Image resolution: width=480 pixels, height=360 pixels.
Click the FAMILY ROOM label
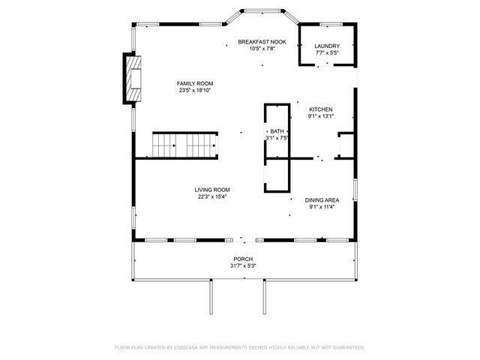tap(195, 83)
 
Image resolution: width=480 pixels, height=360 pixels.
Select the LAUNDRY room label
tap(326, 46)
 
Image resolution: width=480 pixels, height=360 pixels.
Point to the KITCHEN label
tap(320, 109)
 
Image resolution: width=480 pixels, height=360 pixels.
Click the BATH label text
tap(277, 131)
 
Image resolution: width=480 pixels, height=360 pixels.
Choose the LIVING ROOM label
tap(212, 190)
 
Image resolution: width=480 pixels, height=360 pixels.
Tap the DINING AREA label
tap(322, 200)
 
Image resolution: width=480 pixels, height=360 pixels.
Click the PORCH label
tap(241, 259)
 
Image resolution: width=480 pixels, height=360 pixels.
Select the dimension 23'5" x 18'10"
tap(195, 91)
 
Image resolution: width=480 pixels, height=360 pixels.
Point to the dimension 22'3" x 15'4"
tap(212, 197)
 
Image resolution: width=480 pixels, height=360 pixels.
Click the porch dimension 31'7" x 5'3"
tap(241, 266)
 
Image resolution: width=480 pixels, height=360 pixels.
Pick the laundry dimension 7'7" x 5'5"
tap(326, 53)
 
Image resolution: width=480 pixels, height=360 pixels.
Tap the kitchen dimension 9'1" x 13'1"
tap(320, 116)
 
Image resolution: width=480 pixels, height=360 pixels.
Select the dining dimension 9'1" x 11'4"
tap(322, 207)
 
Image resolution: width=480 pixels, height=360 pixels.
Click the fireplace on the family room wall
tap(133, 77)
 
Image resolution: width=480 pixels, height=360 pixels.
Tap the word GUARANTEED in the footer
tap(346, 347)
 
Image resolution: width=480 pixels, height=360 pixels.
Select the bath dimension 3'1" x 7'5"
tap(277, 138)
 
